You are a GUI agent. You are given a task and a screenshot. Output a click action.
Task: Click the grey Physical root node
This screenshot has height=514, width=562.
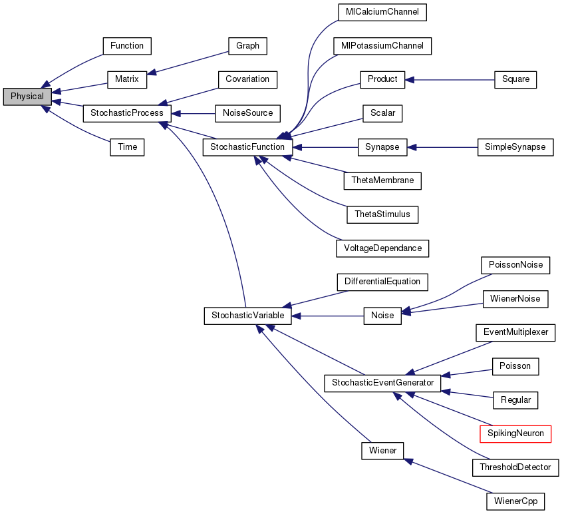tap(27, 97)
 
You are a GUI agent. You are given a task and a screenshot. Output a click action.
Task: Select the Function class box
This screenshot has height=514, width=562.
tap(127, 46)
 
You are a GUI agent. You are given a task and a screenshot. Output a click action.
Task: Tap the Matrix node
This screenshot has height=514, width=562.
tap(126, 79)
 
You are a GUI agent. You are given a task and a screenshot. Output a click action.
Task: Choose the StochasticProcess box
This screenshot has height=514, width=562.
tap(126, 113)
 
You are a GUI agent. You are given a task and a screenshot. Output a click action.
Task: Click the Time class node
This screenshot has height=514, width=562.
tap(127, 147)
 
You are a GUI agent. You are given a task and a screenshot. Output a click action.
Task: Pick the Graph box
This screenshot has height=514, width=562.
tap(247, 46)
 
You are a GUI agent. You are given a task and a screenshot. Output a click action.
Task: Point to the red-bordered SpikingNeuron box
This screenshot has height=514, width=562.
tap(515, 433)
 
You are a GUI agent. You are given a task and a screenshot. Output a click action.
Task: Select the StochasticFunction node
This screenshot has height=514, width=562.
tap(247, 146)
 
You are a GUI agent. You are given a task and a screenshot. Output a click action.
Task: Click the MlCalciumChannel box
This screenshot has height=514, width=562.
tap(382, 12)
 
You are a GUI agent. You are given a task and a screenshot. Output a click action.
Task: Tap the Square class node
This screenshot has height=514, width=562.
tap(515, 79)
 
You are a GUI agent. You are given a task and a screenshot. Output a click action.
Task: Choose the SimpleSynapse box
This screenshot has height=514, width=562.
tap(515, 146)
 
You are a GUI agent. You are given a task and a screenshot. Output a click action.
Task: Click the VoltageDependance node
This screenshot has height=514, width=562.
tap(382, 248)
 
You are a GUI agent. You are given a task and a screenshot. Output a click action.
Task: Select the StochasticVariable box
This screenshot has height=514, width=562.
tap(247, 315)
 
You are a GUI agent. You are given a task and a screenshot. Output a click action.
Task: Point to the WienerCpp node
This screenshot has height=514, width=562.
tap(515, 500)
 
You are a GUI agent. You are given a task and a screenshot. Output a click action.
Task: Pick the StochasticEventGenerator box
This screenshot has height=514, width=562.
tap(382, 383)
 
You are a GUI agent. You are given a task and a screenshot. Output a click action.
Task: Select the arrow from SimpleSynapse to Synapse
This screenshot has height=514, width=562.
tap(442, 146)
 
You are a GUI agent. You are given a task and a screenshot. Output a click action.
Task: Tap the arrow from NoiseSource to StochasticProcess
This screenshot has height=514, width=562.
tap(194, 113)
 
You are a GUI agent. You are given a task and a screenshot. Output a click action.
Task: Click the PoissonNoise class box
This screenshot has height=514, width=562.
tap(515, 265)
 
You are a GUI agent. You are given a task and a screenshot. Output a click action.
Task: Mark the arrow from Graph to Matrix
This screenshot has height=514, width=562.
tap(187, 63)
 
